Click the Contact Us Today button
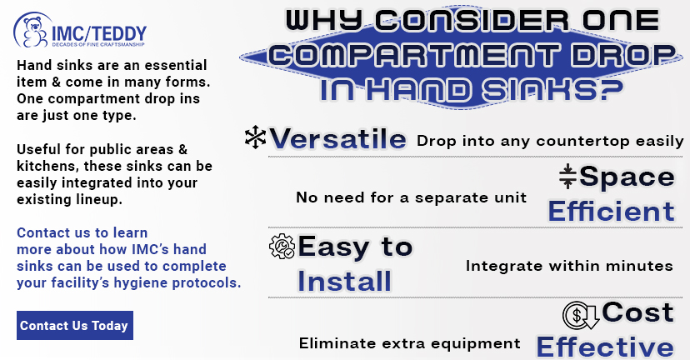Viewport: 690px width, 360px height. (x=75, y=325)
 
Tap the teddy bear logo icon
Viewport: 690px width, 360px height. (x=34, y=31)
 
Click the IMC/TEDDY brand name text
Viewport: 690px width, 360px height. (x=99, y=33)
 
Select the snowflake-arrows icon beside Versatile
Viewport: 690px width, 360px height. (x=255, y=137)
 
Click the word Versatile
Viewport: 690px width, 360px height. (x=337, y=139)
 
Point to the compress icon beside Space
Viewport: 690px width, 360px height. (x=567, y=177)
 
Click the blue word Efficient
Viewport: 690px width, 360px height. (x=611, y=212)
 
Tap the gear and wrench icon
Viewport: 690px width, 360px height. (x=282, y=246)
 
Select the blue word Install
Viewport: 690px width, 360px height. (x=344, y=281)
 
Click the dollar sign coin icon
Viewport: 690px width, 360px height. (x=581, y=315)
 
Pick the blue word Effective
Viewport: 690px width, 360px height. (x=605, y=347)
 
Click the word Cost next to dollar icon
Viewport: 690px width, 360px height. (x=637, y=312)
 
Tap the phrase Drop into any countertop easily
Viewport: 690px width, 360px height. (x=550, y=142)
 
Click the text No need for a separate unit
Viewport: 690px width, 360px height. (x=411, y=197)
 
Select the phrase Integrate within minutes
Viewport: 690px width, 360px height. (x=569, y=266)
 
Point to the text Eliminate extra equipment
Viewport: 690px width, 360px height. (x=410, y=343)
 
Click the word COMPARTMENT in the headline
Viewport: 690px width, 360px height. (x=414, y=56)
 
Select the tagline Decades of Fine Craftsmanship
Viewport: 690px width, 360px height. (x=98, y=44)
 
